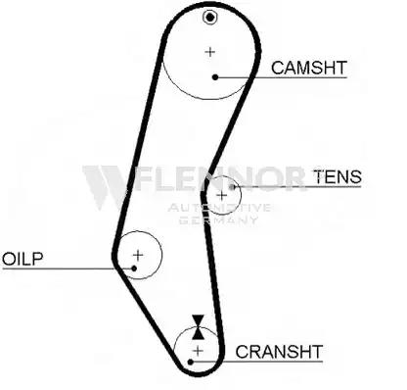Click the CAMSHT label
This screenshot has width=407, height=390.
[309, 68]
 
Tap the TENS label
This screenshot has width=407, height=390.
[338, 176]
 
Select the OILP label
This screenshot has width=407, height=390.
[23, 259]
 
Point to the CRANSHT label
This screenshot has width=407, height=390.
[279, 352]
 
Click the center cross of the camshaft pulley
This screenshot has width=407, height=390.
[210, 52]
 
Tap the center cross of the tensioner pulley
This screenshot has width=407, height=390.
[222, 196]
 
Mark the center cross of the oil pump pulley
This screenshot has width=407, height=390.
[138, 255]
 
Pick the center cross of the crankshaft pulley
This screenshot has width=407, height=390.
[198, 351]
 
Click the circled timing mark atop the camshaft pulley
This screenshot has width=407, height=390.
[209, 17]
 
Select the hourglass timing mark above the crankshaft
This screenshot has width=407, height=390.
[198, 327]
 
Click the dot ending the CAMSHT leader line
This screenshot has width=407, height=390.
[215, 77]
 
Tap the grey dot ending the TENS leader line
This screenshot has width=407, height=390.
[232, 187]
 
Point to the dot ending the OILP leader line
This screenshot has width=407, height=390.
[134, 268]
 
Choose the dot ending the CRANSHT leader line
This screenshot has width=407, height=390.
[191, 362]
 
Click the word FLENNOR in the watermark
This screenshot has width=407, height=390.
[219, 178]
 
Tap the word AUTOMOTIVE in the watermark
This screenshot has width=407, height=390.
[219, 208]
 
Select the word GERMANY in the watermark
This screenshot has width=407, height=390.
[218, 219]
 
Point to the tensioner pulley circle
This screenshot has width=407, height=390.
[241, 195]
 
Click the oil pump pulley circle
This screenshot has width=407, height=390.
[161, 255]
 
